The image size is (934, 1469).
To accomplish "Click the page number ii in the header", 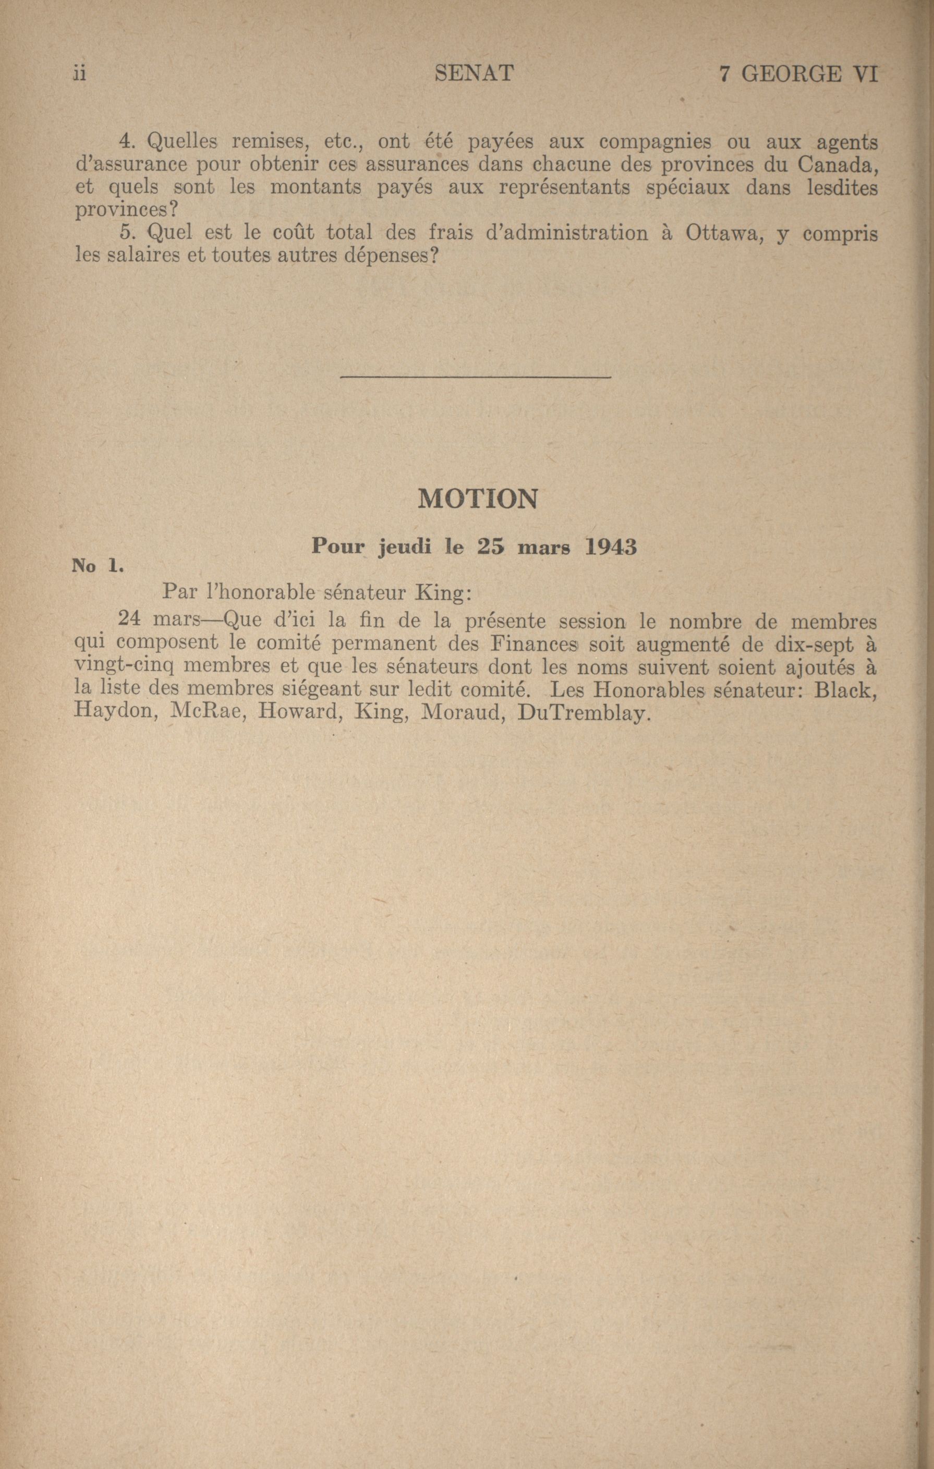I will tap(79, 74).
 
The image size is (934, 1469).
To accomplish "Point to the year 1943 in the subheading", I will tap(611, 547).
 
